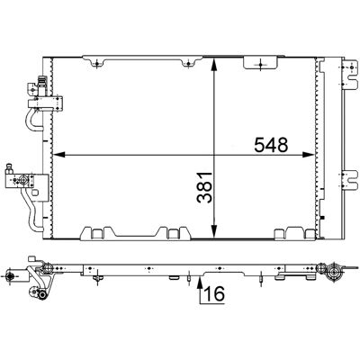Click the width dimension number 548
click(x=271, y=145)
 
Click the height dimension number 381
click(x=204, y=187)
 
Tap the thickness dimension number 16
click(x=215, y=293)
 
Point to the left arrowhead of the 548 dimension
click(x=59, y=155)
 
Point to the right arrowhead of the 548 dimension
click(x=309, y=155)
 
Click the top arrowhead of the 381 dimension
click(x=214, y=64)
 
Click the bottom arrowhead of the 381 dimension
click(x=214, y=231)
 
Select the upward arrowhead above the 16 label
click(x=200, y=282)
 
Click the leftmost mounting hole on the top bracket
click(x=97, y=63)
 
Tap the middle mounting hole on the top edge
click(x=188, y=63)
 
